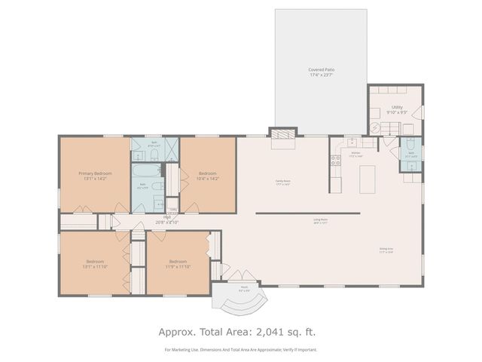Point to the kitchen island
pyautogui.click(x=368, y=177)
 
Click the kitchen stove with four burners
pyautogui.click(x=334, y=159)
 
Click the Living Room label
pyautogui.click(x=320, y=220)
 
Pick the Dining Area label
pyautogui.click(x=387, y=249)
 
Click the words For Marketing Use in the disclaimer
pyautogui.click(x=183, y=349)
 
